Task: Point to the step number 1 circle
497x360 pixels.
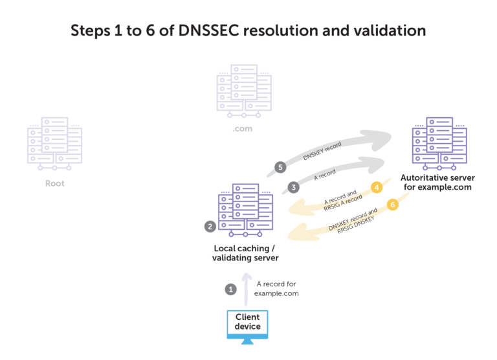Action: pos(230,289)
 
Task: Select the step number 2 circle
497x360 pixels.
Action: pos(210,227)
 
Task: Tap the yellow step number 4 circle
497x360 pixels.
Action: pos(376,188)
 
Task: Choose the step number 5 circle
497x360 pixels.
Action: pos(280,166)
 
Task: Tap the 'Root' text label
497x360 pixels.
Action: pos(54,184)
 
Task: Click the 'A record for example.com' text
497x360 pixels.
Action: pos(277,289)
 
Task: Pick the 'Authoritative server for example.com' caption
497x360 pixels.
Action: pos(438,182)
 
